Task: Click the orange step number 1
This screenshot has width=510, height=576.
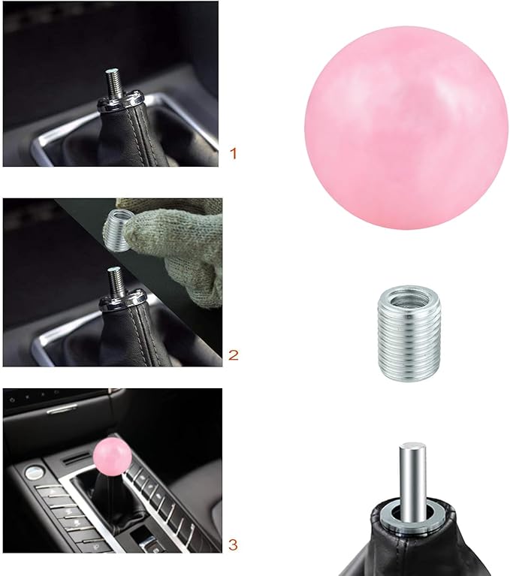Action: [233, 154]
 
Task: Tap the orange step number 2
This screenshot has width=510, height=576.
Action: [233, 354]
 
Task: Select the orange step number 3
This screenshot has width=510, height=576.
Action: [233, 543]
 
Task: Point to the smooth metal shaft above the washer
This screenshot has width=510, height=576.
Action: [410, 481]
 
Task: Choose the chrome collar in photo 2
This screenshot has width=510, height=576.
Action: [120, 299]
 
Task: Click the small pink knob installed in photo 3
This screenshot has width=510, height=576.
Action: [112, 455]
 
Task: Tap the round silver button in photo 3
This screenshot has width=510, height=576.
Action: [32, 472]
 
